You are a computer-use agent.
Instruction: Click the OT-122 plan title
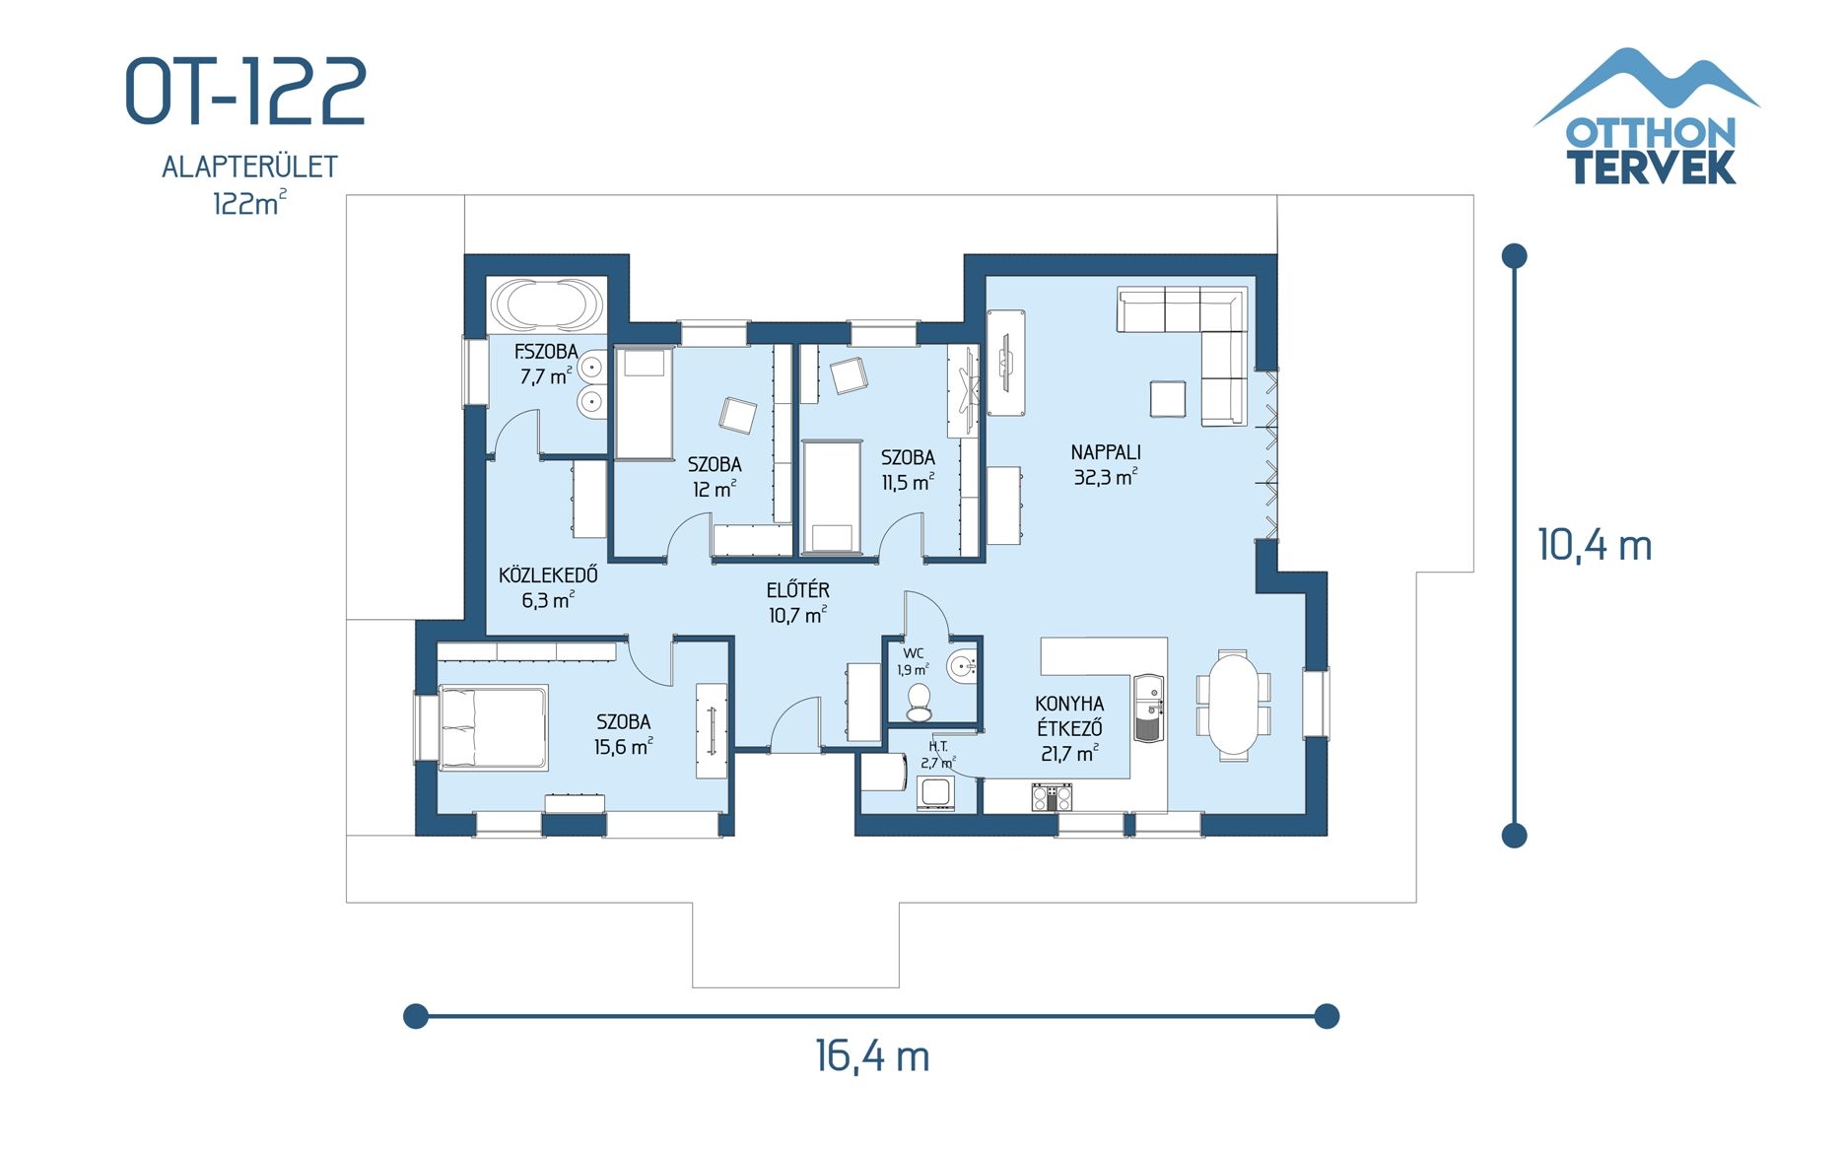click(x=246, y=91)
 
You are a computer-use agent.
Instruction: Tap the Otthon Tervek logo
click(x=1649, y=118)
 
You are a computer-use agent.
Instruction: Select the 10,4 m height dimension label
click(x=1594, y=545)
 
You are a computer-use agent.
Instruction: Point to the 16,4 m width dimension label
click(x=872, y=1056)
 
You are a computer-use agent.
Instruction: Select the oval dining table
click(x=1233, y=705)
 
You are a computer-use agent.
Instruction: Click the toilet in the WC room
click(x=919, y=701)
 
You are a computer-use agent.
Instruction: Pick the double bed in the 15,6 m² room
click(x=492, y=727)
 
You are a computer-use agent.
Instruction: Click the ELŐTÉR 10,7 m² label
click(x=797, y=602)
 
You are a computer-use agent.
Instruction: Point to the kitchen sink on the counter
click(x=1148, y=708)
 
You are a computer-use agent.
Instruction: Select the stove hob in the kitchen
click(x=1052, y=796)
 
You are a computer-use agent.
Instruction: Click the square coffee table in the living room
click(x=1168, y=399)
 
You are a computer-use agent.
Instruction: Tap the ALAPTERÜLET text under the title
click(x=249, y=168)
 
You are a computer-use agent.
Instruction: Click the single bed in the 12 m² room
click(x=644, y=403)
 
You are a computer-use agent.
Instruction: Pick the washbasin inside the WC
click(x=962, y=667)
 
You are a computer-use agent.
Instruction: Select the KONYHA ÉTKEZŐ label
click(x=1069, y=728)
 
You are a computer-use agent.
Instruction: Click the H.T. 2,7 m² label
click(x=937, y=755)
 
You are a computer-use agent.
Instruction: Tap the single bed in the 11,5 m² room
click(x=832, y=498)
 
